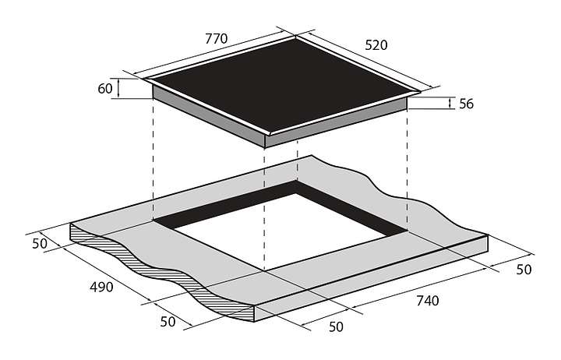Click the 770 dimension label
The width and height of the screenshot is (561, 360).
pyautogui.click(x=216, y=38)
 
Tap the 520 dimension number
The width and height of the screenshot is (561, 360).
pyautogui.click(x=376, y=45)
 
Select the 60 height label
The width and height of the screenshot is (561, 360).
pyautogui.click(x=105, y=88)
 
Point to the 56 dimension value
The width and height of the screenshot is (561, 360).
pyautogui.click(x=466, y=104)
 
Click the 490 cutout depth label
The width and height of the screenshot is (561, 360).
pyautogui.click(x=101, y=287)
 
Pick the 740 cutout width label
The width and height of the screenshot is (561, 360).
pyautogui.click(x=427, y=301)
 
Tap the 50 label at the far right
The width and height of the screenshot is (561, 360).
pyautogui.click(x=524, y=269)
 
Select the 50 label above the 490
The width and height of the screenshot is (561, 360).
pyautogui.click(x=40, y=243)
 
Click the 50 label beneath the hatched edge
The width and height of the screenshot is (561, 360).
pyautogui.click(x=168, y=322)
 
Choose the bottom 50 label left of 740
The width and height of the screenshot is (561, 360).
pyautogui.click(x=336, y=326)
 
